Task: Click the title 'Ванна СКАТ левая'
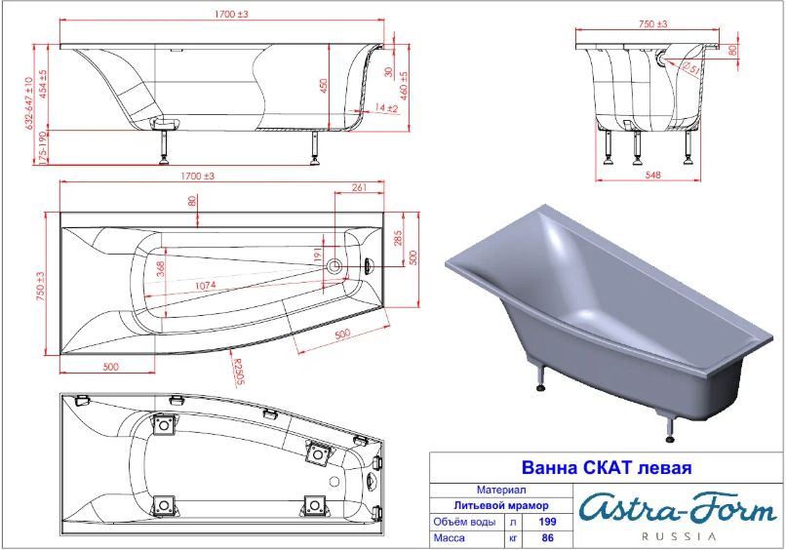pyautogui.click(x=607, y=467)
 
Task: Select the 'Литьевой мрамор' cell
pyautogui.click(x=501, y=505)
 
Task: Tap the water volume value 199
pyautogui.click(x=547, y=522)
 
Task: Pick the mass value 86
pyautogui.click(x=548, y=537)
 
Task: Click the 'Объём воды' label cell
pyautogui.click(x=464, y=522)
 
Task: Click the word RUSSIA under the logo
pyautogui.click(x=680, y=536)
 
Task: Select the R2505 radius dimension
pyautogui.click(x=238, y=372)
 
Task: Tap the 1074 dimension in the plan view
pyautogui.click(x=206, y=285)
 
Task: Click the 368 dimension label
pyautogui.click(x=161, y=269)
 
